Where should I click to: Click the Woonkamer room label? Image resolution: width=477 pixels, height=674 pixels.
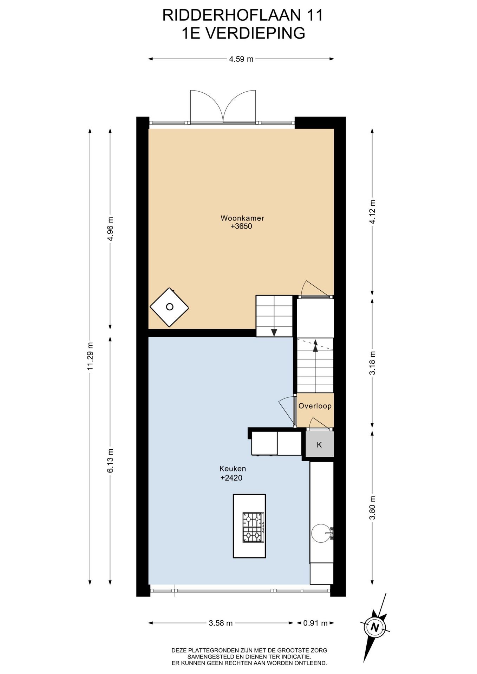coord(242,218)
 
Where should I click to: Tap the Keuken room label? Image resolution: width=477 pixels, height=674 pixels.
coord(233,469)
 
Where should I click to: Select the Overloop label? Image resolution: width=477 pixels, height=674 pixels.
coord(315,406)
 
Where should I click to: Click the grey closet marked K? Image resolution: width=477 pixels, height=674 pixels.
coord(319,444)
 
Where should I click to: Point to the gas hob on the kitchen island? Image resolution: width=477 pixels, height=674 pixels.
coord(253,527)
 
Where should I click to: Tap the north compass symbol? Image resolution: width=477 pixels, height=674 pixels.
coord(375,627)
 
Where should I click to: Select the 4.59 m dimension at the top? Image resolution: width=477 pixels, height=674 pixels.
coord(241,59)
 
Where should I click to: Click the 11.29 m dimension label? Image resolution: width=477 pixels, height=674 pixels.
coord(90,356)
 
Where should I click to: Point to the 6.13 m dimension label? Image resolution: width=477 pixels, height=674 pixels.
coord(111,461)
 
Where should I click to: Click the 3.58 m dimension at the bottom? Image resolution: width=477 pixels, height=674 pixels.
coord(221,623)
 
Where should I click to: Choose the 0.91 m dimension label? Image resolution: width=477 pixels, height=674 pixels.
coord(315,623)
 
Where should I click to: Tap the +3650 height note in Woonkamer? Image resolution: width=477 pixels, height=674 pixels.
coord(241,227)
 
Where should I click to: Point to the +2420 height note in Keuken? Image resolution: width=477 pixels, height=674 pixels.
coord(231,478)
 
